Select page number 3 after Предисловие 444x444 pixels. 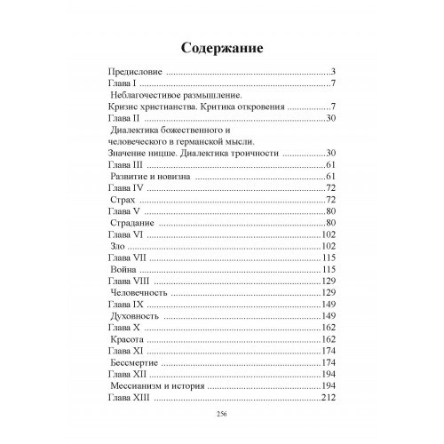click(x=330, y=71)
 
